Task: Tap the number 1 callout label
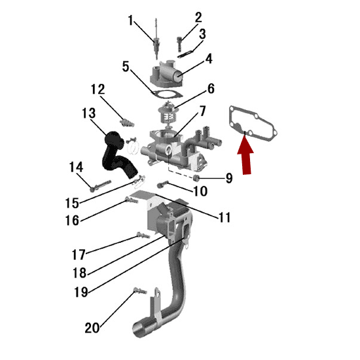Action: pos(131,20)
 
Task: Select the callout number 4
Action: pos(209,58)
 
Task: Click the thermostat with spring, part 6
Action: pos(168,113)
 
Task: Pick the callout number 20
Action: pos(92,328)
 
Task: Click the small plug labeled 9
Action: pos(196,177)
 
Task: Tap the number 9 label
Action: pos(229,178)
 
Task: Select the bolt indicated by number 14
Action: pos(100,185)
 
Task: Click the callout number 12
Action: pos(98,89)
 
